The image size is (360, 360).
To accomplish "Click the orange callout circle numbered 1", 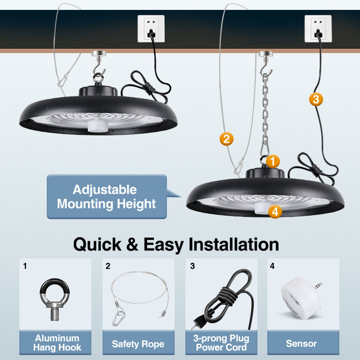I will pyautogui.click(x=272, y=161).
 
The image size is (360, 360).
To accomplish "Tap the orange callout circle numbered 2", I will pyautogui.click(x=226, y=139).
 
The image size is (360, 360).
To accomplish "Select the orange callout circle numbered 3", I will pyautogui.click(x=316, y=99).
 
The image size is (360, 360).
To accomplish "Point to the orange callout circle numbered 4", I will pyautogui.click(x=275, y=211).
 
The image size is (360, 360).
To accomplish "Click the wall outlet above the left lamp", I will pyautogui.click(x=151, y=29).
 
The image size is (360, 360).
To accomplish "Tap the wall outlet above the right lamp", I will pyautogui.click(x=318, y=29).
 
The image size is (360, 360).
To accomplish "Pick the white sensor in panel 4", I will pyautogui.click(x=300, y=297).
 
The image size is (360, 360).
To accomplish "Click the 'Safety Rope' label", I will pyautogui.click(x=138, y=344).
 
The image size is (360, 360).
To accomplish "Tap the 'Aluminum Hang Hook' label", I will pyautogui.click(x=57, y=343).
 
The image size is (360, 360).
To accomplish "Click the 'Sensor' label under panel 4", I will pyautogui.click(x=301, y=344).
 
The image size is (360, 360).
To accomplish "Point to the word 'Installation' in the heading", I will pyautogui.click(x=234, y=244).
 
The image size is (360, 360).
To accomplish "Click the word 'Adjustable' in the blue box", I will pyautogui.click(x=105, y=189).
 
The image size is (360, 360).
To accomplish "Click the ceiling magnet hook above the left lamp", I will pyautogui.click(x=97, y=56).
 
